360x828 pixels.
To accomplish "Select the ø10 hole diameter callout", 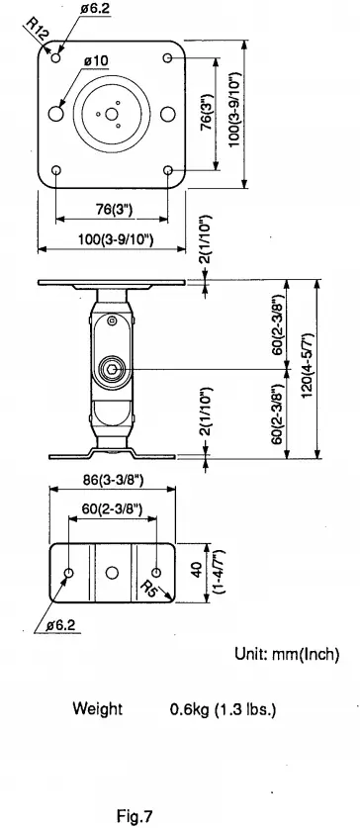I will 96,61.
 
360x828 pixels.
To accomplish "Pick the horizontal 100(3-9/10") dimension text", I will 112,239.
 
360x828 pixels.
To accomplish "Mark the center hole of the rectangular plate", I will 112,573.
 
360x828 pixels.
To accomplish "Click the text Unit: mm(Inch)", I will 286,655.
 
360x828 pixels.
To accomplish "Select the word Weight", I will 98,710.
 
